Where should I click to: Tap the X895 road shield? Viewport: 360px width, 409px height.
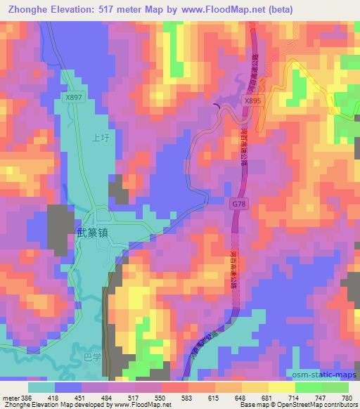click(252, 101)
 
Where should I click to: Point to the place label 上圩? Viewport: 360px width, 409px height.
click(100, 139)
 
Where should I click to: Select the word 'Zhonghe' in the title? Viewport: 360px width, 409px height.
click(25, 9)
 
